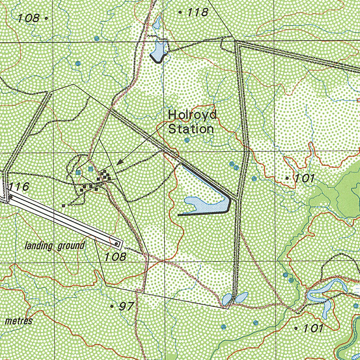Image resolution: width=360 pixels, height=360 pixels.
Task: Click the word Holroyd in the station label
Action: pos(192,115)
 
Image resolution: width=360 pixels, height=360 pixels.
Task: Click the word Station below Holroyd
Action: pos(191,129)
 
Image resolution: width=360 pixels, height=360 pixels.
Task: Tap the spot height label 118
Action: pos(198,13)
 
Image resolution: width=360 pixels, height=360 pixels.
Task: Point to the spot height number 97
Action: pos(126,307)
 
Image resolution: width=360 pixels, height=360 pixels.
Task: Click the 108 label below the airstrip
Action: pos(115,257)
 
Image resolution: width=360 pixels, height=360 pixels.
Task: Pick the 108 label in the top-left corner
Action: pos(29,18)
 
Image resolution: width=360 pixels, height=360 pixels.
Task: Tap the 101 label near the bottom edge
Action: pos(313,328)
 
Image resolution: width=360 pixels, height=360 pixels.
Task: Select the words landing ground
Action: pos(55,245)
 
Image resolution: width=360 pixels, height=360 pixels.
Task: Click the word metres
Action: pos(19,321)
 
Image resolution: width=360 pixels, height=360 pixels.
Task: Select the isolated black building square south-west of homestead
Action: pos(63,205)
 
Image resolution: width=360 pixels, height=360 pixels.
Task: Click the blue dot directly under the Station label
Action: pos(187,140)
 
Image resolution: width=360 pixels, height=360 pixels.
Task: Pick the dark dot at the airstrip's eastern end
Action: pos(116,243)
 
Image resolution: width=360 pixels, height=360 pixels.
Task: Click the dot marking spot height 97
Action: pos(112,307)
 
